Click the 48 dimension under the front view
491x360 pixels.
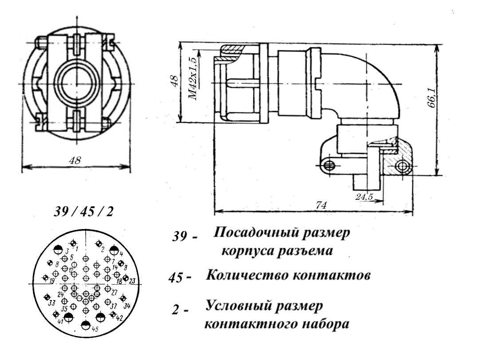[76, 161]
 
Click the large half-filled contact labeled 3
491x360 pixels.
[58, 249]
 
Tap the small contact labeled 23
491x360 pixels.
[126, 279]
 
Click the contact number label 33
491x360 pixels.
[52, 303]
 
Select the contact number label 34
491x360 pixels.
[127, 306]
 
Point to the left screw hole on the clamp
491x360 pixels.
[329, 165]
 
